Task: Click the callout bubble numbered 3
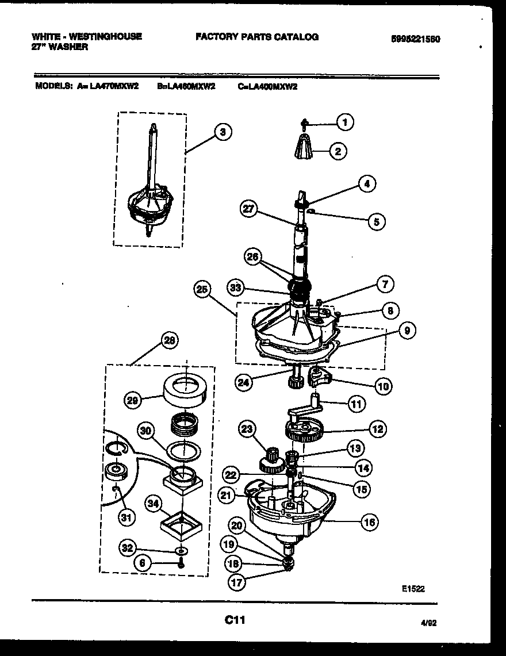tap(223, 132)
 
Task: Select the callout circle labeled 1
tap(344, 121)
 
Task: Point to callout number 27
tap(250, 209)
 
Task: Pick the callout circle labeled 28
tap(168, 340)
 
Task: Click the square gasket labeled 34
tap(181, 522)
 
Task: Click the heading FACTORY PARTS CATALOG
tap(256, 37)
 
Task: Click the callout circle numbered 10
tap(384, 386)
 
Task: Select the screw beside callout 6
tap(182, 563)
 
